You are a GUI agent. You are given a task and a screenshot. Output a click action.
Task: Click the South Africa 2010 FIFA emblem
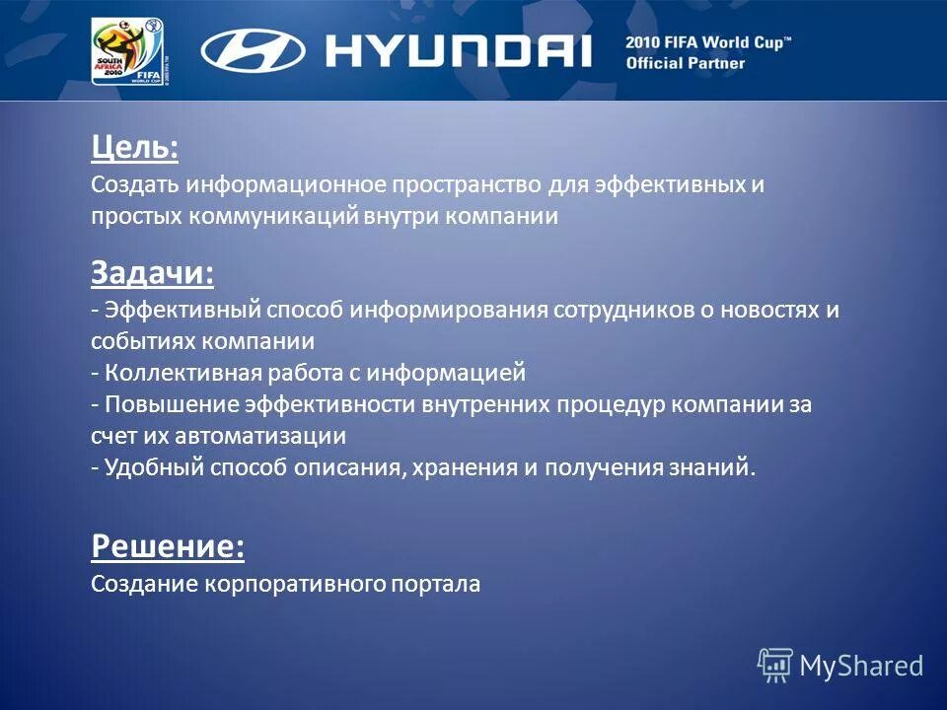point(127,51)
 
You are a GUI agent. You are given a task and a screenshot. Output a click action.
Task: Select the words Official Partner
point(686,64)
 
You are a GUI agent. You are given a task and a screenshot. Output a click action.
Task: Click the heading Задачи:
point(152,272)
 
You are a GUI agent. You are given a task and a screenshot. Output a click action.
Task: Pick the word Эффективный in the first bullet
point(182,311)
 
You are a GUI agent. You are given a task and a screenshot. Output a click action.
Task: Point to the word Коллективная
point(182,374)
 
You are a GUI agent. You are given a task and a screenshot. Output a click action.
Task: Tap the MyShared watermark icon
point(775,664)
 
